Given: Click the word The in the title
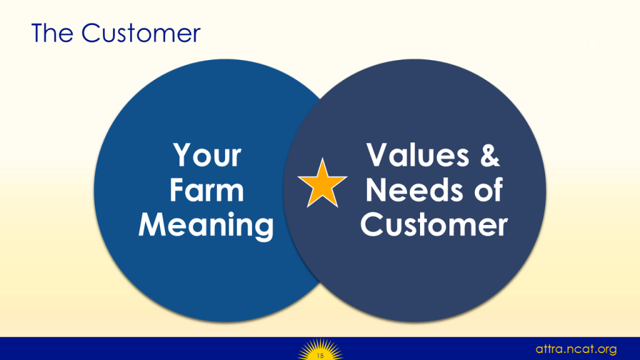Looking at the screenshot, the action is pyautogui.click(x=52, y=33).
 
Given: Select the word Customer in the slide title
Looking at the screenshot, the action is pyautogui.click(x=141, y=33).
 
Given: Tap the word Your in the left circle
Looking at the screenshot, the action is pyautogui.click(x=207, y=155).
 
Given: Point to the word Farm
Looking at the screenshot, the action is pyautogui.click(x=206, y=190).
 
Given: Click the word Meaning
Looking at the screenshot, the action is pyautogui.click(x=206, y=225).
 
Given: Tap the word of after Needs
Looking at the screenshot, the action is pyautogui.click(x=488, y=189).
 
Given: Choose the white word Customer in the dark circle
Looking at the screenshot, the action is pyautogui.click(x=434, y=224).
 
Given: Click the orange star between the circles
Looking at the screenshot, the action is pyautogui.click(x=322, y=184).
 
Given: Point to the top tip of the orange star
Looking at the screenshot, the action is pyautogui.click(x=322, y=158).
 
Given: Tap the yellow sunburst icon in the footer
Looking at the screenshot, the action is pyautogui.click(x=321, y=349).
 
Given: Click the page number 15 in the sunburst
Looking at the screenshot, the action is pyautogui.click(x=321, y=356).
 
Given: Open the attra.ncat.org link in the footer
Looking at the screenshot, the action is pyautogui.click(x=576, y=349).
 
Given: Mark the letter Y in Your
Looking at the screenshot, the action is pyautogui.click(x=182, y=155).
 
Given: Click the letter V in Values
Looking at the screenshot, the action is pyautogui.click(x=377, y=155).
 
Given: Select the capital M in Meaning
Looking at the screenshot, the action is pyautogui.click(x=152, y=224).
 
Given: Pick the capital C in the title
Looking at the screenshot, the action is pyautogui.click(x=91, y=33).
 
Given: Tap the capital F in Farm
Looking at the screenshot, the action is pyautogui.click(x=177, y=190).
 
